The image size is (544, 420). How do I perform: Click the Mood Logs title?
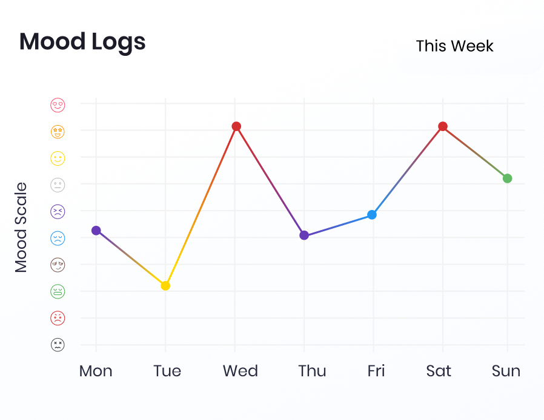82,42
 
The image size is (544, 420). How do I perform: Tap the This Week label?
454,46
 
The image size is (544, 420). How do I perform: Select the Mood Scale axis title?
21,227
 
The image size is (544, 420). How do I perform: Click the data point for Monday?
96,230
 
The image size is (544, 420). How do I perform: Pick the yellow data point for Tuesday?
165,285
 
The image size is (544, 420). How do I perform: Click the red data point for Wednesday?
236,126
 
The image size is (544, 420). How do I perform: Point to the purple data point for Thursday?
304,235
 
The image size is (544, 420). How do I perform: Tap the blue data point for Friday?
372,215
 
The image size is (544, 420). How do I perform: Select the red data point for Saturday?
443,126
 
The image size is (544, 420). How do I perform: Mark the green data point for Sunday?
507,178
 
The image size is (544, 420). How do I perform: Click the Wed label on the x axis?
240,371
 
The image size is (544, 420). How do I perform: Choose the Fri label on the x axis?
376,371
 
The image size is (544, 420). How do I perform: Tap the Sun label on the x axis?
506,371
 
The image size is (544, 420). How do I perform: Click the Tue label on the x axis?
167,371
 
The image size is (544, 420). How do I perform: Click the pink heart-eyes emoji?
58,104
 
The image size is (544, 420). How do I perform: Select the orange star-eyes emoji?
58,131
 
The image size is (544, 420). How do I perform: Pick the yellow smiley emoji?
58,158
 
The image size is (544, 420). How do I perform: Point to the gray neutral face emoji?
58,185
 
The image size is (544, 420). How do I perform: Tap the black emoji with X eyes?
58,345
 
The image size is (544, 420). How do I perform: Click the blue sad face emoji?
58,238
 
